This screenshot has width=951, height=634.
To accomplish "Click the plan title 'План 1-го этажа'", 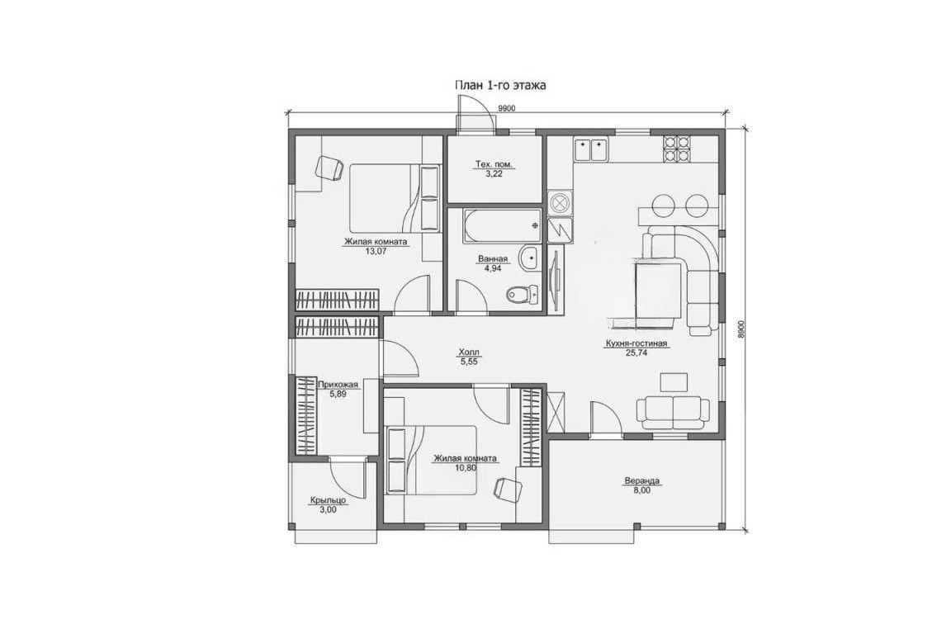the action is tap(500, 86).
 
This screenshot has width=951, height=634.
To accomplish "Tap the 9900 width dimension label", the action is tap(506, 108).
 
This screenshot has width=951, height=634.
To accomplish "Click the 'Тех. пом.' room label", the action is tap(494, 163).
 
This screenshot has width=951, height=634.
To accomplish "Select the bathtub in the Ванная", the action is tap(502, 225).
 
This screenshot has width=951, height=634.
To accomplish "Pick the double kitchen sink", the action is tap(590, 149).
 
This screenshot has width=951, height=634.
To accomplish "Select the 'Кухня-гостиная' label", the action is tap(636, 343).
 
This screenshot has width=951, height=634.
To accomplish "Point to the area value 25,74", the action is tap(636, 352).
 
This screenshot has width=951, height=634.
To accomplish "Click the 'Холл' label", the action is tap(468, 352).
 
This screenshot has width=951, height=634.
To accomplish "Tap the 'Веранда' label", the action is tap(641, 481).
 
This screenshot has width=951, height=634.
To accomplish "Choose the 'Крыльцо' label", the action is tap(328, 500).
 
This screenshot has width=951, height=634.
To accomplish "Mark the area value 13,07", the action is tap(376, 250).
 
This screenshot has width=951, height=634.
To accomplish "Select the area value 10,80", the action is tap(466, 468).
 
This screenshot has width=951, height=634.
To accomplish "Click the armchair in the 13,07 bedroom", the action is tap(330, 167).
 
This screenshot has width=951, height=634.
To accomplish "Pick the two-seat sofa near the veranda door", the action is tap(673, 411).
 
